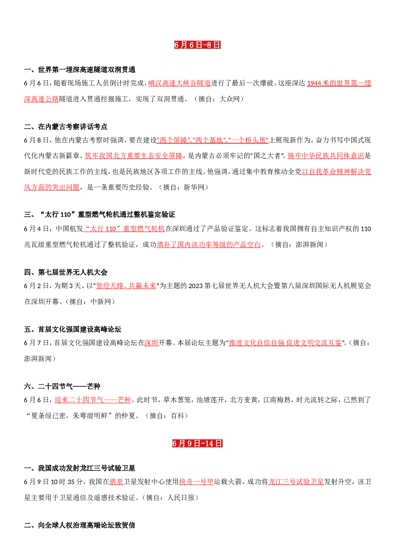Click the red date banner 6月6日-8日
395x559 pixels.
pos(197,45)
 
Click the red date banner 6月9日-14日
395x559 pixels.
pos(197,443)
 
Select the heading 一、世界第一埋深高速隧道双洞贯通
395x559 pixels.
pos(80,70)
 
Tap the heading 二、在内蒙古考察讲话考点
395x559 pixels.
pos(66,127)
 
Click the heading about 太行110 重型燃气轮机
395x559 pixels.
pos(100,214)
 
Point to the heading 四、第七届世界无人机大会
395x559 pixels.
pos(66,272)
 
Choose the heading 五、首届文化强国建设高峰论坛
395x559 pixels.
pos(73,329)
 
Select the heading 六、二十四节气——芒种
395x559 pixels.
pos(62,387)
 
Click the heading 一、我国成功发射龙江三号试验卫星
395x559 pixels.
pos(80,468)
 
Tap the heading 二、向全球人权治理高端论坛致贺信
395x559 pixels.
pos(80,525)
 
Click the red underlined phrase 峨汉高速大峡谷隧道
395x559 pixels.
pos(179,83)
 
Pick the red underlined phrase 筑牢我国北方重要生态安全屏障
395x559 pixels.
pos(133,156)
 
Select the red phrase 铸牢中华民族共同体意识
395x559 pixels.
pos(326,156)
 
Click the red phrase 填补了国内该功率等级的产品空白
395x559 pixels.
pos(209,244)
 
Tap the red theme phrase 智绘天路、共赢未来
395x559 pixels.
pos(126,286)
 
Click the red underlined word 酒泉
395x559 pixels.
pos(116,482)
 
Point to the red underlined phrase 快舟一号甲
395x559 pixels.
pos(196,482)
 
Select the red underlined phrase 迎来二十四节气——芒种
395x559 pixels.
pos(93,400)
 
